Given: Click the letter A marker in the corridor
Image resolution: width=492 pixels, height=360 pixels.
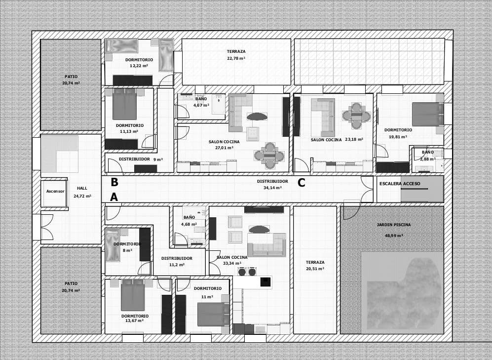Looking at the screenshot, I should click(x=114, y=197).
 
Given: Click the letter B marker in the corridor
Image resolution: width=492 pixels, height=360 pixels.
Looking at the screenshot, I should click(x=114, y=182).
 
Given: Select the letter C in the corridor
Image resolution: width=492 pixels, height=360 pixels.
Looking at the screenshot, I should click(x=301, y=183).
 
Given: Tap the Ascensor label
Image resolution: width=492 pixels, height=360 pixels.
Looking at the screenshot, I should click(x=55, y=191).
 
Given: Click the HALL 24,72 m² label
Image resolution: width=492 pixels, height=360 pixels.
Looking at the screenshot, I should click(x=82, y=192).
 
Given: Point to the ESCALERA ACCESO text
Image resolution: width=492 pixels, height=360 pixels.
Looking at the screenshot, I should click(x=400, y=184).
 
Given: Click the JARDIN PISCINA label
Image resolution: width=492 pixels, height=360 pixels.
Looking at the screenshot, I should click(x=394, y=225).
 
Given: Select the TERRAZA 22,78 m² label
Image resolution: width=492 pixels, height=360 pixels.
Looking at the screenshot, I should click(x=236, y=54).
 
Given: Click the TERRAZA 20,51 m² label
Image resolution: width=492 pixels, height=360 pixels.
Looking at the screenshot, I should click(x=315, y=265).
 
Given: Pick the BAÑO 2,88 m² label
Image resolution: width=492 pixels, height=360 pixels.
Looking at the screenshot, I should click(x=427, y=156).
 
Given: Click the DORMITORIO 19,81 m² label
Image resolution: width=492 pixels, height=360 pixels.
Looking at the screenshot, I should click(x=398, y=133).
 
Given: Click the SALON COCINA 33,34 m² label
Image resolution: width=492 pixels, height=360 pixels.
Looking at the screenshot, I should click(x=232, y=260).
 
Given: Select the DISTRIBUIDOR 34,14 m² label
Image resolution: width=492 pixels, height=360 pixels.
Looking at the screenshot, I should click(x=272, y=184).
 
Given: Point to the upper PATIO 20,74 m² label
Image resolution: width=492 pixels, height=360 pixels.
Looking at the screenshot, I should click(x=71, y=80).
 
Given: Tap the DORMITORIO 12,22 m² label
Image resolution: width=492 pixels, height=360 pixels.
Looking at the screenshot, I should click(x=139, y=62).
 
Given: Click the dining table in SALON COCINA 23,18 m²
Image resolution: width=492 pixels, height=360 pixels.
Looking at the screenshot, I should click(x=356, y=116).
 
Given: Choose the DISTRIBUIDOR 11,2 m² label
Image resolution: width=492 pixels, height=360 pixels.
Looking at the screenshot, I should click(x=177, y=261).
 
